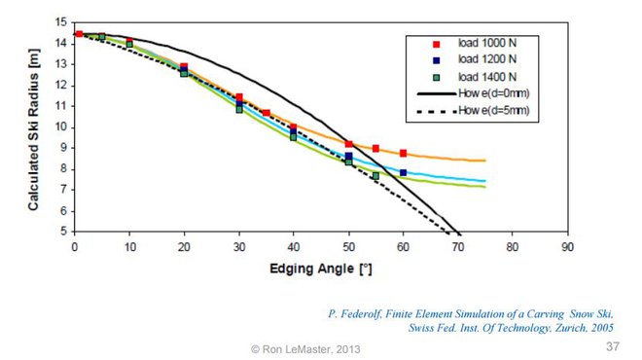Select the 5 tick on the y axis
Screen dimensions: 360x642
click(63, 233)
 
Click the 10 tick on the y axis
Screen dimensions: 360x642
click(60, 127)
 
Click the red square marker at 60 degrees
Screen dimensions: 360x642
click(403, 153)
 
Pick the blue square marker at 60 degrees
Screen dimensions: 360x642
click(403, 173)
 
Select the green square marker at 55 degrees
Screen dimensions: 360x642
click(375, 176)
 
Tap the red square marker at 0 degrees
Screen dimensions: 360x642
click(79, 34)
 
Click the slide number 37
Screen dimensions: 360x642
click(612, 346)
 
